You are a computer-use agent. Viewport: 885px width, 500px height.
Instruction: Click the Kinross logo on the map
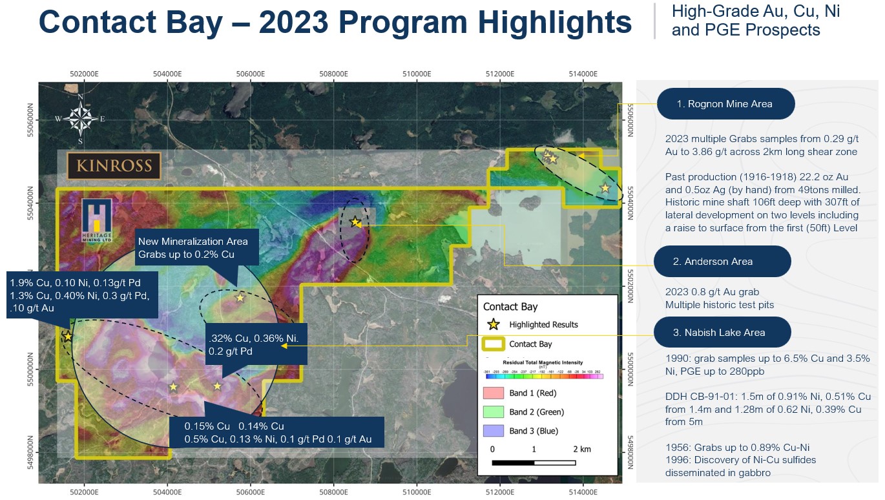(114, 165)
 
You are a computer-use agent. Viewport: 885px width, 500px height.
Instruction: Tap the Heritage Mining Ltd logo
(97, 220)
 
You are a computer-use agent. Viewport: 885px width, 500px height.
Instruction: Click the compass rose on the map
(80, 119)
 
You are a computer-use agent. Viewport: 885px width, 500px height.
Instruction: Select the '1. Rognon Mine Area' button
(725, 103)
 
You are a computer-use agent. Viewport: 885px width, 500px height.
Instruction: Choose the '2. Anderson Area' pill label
(722, 262)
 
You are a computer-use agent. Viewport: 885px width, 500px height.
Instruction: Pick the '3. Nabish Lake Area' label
(722, 333)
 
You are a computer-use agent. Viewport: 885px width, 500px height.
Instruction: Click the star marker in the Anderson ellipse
(355, 222)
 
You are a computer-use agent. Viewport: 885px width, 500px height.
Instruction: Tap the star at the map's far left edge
(68, 337)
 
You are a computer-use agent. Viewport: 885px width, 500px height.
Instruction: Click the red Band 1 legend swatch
(493, 393)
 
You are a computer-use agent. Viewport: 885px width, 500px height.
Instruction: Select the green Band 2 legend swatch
(493, 411)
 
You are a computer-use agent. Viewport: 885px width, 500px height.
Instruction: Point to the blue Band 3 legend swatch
(493, 431)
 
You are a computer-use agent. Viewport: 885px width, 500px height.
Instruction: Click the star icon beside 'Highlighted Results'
(493, 324)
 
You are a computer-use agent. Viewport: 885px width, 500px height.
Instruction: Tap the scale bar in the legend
(534, 463)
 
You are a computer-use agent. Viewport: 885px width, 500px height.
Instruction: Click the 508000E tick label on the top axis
(334, 74)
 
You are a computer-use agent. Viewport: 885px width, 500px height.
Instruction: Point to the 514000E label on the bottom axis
(583, 492)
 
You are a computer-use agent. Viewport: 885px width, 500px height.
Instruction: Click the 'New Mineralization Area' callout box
(197, 247)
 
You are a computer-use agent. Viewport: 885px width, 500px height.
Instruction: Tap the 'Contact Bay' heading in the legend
(510, 307)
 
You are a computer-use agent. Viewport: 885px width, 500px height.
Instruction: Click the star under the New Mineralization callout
(240, 298)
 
